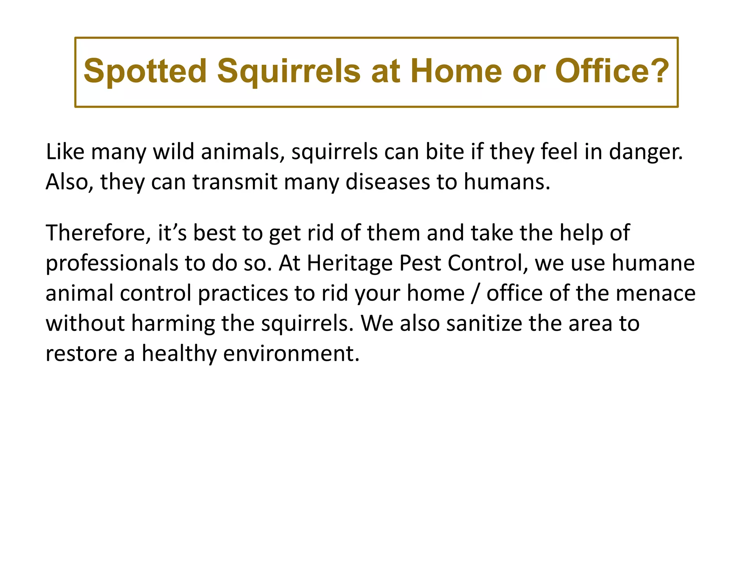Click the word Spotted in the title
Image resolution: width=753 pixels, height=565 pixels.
(x=145, y=71)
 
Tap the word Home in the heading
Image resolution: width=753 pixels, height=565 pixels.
(x=456, y=71)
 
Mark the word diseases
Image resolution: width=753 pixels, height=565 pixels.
(x=388, y=182)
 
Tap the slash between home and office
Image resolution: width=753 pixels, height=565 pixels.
(x=476, y=294)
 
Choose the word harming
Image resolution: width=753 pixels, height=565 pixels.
(x=173, y=324)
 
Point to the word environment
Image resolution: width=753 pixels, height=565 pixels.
(x=291, y=354)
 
